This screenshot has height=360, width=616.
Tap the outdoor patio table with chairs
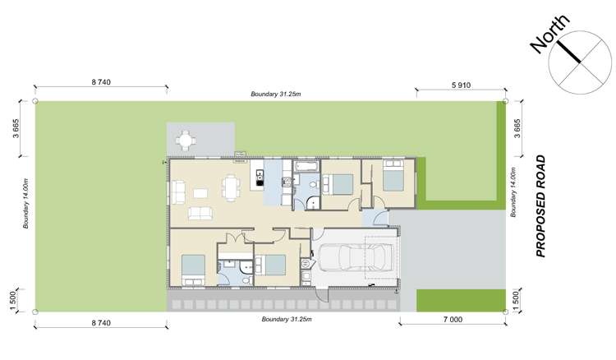pos(187,141)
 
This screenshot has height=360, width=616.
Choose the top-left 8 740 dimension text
pos(101,82)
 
